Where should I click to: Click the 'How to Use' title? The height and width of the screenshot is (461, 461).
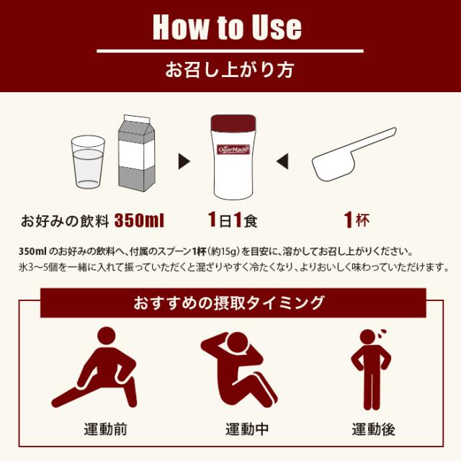227,27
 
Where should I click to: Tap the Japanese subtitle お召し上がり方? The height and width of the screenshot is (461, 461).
230,71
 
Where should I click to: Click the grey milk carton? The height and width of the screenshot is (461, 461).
134,153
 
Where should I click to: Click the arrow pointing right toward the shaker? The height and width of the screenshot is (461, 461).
185,160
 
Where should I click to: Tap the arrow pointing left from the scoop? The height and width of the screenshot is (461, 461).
283,160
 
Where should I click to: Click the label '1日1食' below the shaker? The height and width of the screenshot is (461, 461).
230,219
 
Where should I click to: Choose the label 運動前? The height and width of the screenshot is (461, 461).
105,430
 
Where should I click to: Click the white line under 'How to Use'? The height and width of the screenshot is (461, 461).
230,51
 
